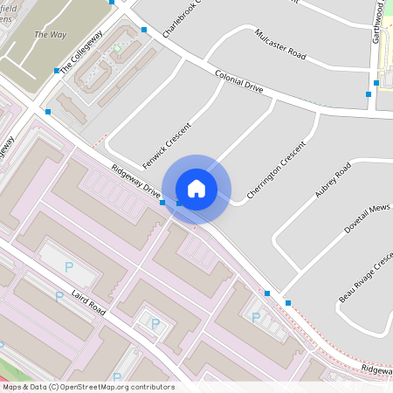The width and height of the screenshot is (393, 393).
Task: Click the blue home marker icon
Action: pyautogui.click(x=196, y=188)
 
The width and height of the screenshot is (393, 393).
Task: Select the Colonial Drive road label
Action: pyautogui.click(x=238, y=83)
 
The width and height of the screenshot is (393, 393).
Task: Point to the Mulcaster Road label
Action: pyautogui.click(x=280, y=45)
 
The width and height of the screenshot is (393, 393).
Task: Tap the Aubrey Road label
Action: pyautogui.click(x=332, y=179)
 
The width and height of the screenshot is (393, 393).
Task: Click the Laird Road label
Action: pyautogui.click(x=89, y=304)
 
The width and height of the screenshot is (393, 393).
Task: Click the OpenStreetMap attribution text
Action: pyautogui.click(x=88, y=387)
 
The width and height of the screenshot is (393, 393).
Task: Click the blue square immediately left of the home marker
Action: pyautogui.click(x=162, y=203)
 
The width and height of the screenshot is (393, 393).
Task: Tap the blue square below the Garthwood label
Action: pyautogui.click(x=369, y=93)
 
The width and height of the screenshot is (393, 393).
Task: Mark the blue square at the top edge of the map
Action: pyautogui.click(x=112, y=2)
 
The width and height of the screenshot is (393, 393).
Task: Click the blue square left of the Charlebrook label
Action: pyautogui.click(x=144, y=31)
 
